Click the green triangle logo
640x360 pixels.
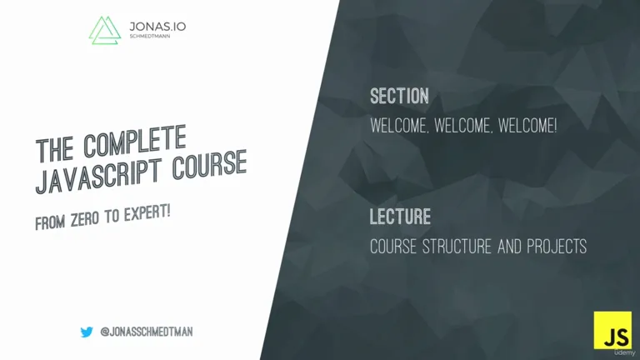click(x=105, y=31)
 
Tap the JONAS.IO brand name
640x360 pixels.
click(x=157, y=27)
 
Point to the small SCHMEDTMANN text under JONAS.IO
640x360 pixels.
click(x=150, y=37)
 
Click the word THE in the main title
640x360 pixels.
click(x=55, y=149)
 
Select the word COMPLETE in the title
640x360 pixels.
click(x=135, y=140)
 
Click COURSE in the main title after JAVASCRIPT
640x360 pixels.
click(x=210, y=164)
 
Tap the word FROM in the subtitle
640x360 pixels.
click(x=50, y=222)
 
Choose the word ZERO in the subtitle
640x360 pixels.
click(x=85, y=219)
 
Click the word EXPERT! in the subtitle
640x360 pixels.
click(x=147, y=212)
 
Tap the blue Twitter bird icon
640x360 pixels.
click(x=87, y=332)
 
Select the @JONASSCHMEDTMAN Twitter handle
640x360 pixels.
click(x=147, y=332)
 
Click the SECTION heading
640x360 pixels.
click(x=400, y=97)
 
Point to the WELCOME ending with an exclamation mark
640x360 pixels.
click(x=527, y=126)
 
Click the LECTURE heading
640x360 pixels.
click(x=400, y=217)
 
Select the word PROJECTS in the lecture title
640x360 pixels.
click(x=557, y=247)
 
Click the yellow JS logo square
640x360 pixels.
click(x=612, y=330)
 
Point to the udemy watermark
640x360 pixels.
click(x=624, y=352)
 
